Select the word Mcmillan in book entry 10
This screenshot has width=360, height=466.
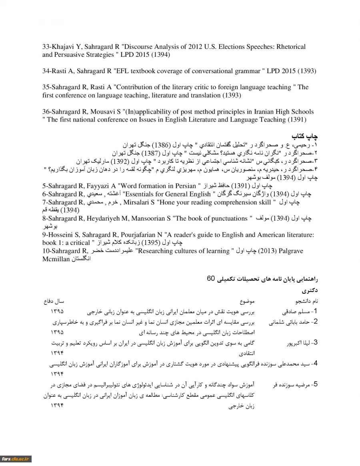pos(56,259)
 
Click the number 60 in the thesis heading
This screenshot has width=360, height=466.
pos(211,278)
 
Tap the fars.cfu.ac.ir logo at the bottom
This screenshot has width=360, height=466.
pos(16,459)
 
